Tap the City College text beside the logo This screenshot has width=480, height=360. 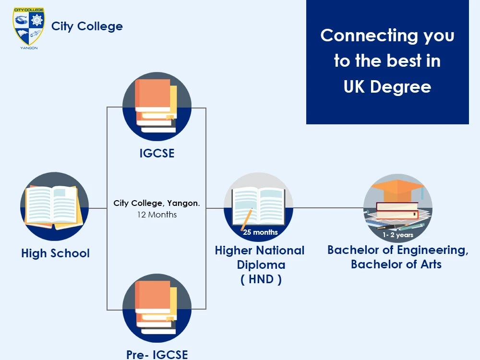tap(87, 26)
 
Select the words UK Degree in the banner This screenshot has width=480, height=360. tap(387, 87)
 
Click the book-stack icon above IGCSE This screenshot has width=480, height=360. tap(156, 106)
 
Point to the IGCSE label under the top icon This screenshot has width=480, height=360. tap(156, 154)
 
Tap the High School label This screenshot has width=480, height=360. tap(55, 253)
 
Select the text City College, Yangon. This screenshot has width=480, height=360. tap(156, 203)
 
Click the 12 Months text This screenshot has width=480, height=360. tap(156, 215)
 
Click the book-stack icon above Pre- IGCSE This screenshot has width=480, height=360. tap(156, 308)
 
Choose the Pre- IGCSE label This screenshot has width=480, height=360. tap(156, 354)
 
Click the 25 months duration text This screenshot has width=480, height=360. tap(260, 232)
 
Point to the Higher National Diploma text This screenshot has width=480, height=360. tap(260, 257)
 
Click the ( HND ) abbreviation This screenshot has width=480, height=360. tap(261, 279)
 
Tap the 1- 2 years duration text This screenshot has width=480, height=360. tap(398, 235)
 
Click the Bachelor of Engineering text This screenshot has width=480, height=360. tap(397, 250)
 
